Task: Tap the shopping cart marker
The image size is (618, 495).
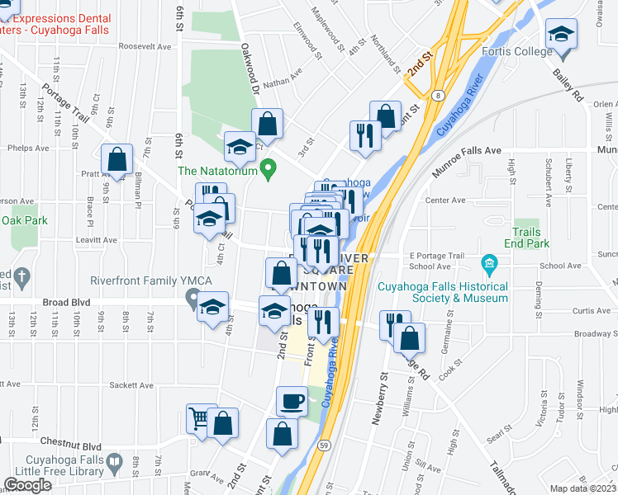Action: pyautogui.click(x=199, y=419)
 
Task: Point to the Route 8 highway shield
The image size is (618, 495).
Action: pyautogui.click(x=437, y=96)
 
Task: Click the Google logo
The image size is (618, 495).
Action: pyautogui.click(x=28, y=485)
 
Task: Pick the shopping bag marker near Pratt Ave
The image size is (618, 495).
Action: pyautogui.click(x=117, y=158)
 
